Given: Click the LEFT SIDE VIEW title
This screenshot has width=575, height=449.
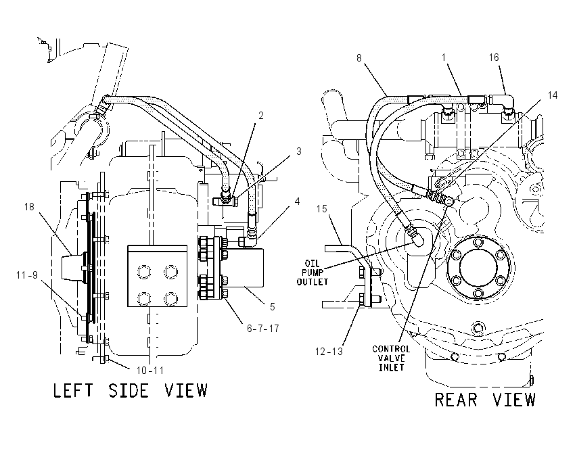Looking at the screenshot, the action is tap(130, 390).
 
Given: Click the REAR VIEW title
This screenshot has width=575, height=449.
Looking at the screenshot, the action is tap(485, 400).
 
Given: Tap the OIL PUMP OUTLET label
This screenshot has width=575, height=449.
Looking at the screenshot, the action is tap(312, 273).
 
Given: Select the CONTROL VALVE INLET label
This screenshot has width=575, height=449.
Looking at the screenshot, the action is tap(391, 358).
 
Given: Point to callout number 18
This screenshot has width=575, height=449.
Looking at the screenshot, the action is tap(29, 207).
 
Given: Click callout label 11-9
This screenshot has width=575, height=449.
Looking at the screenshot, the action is tap(27, 275).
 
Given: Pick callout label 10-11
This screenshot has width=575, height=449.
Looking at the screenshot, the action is tap(150, 371).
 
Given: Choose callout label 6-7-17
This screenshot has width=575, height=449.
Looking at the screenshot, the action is tap(262, 329).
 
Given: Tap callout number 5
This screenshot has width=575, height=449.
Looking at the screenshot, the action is tap(272, 307).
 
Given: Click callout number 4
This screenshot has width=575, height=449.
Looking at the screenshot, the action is tap(298, 202).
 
